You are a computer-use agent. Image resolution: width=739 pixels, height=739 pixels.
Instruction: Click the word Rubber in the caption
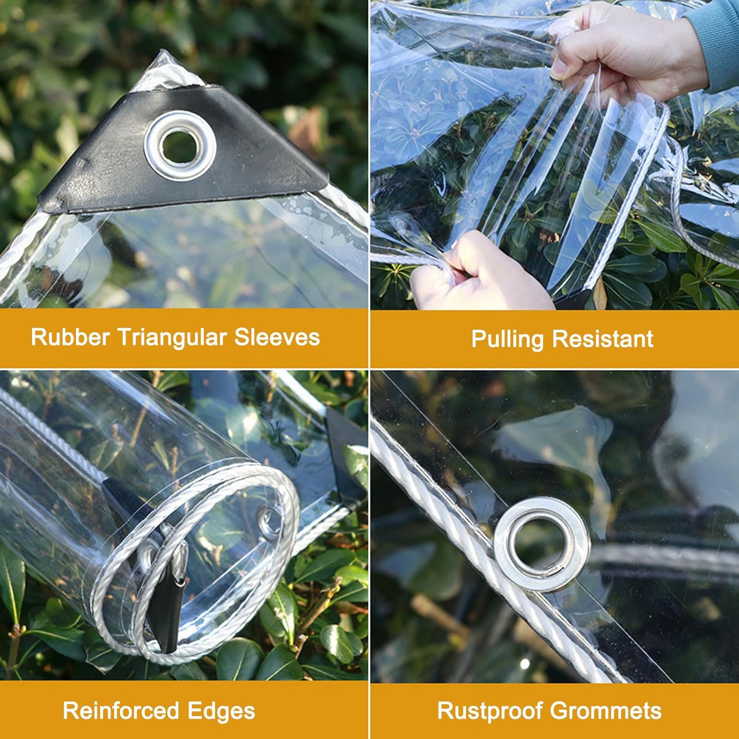(69, 337)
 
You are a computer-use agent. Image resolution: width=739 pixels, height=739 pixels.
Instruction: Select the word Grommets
(605, 711)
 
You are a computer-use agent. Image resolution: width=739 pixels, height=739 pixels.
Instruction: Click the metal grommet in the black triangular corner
(180, 144)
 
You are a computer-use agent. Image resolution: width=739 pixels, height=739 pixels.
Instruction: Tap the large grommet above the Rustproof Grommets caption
(542, 543)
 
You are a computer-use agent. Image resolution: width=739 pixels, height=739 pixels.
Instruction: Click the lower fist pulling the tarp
(473, 273)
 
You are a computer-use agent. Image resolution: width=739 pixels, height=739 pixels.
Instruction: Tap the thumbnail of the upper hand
(560, 71)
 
